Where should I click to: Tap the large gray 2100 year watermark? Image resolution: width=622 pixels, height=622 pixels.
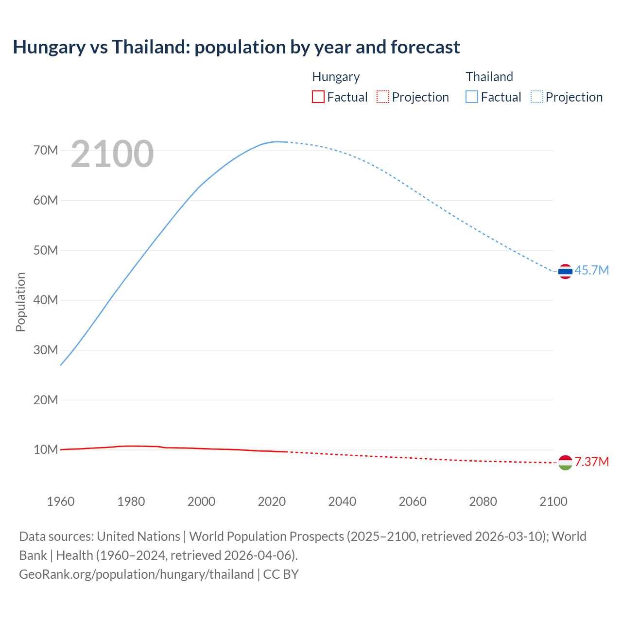click(x=112, y=154)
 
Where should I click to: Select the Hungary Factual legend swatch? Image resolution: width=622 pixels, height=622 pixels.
click(x=318, y=97)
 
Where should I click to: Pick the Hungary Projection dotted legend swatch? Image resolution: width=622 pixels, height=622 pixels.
click(x=383, y=97)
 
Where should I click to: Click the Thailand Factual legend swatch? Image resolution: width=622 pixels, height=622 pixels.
click(x=472, y=97)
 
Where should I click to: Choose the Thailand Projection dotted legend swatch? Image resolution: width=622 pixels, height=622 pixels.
click(x=537, y=97)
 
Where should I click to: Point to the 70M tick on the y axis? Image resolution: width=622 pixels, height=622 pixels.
click(x=46, y=150)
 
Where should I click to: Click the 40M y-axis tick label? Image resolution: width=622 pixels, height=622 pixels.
click(x=46, y=300)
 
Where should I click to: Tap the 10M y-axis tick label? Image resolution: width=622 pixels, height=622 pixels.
click(x=46, y=449)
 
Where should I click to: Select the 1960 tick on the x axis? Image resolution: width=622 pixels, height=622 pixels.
click(x=61, y=501)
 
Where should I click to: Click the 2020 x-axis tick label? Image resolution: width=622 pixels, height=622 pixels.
click(x=272, y=501)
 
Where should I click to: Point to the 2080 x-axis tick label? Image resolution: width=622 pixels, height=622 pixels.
click(x=483, y=501)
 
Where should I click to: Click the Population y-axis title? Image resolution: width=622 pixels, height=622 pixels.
click(x=20, y=302)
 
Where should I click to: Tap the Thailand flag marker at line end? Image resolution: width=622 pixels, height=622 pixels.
click(x=565, y=271)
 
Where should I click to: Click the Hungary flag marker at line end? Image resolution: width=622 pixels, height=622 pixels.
click(x=565, y=463)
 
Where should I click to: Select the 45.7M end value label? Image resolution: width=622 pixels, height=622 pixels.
click(x=591, y=270)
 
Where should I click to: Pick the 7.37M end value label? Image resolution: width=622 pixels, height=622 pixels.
click(x=591, y=462)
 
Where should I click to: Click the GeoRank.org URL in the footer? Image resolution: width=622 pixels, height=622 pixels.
click(x=136, y=574)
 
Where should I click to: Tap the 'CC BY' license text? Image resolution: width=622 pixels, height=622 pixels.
click(x=281, y=574)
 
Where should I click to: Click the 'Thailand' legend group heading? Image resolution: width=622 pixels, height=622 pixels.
click(x=489, y=77)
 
